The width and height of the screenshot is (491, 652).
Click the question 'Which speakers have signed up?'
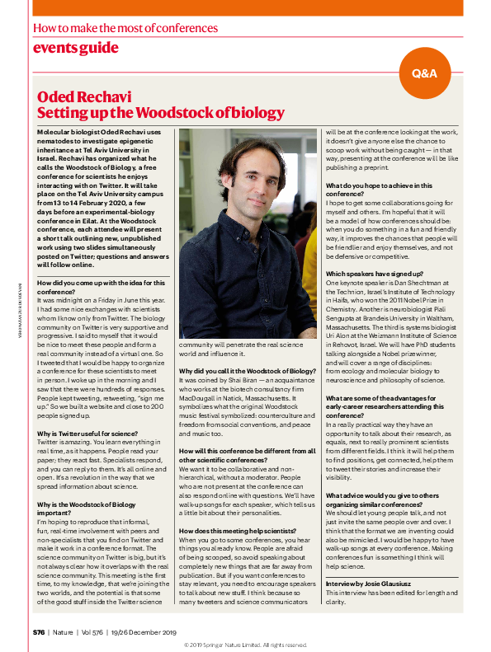pyautogui.click(x=375, y=273)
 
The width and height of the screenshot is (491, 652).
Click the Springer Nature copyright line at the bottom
pyautogui.click(x=245, y=645)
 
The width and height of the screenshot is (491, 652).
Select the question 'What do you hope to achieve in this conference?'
pyautogui.click(x=379, y=190)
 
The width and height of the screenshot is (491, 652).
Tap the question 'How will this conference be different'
pyautogui.click(x=247, y=455)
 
